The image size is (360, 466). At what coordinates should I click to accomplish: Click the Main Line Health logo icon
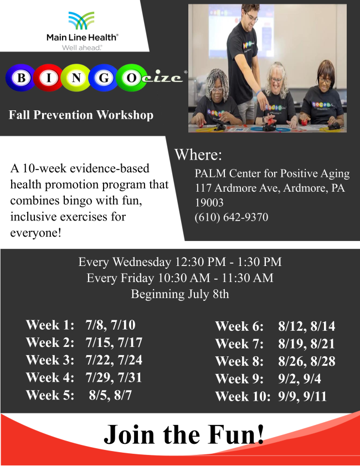tap(81, 21)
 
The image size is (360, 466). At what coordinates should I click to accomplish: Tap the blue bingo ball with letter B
tap(20, 78)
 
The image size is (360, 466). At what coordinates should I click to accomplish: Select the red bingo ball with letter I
tap(48, 78)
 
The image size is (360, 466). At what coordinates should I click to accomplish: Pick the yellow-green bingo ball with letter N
tap(76, 78)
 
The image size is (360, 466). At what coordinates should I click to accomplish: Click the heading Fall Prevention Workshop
tap(81, 115)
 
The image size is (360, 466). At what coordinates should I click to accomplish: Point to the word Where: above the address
tap(198, 155)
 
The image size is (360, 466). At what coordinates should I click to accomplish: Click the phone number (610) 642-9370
tap(232, 217)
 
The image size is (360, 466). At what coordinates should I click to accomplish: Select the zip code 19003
tap(209, 203)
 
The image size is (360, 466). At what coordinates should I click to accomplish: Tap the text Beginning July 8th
tap(180, 294)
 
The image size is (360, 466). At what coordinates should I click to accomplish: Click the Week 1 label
tap(50, 325)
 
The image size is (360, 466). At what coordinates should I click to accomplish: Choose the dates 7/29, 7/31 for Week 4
tap(114, 377)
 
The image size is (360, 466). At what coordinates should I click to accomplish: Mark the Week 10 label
tap(243, 396)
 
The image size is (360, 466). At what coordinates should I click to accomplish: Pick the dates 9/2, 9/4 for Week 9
tap(300, 379)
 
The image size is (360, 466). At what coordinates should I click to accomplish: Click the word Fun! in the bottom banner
tap(235, 434)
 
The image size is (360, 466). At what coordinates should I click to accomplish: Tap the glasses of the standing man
tap(251, 17)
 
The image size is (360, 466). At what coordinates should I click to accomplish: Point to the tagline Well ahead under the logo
tap(82, 48)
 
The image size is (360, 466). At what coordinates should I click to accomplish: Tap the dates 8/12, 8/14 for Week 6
tap(306, 326)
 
